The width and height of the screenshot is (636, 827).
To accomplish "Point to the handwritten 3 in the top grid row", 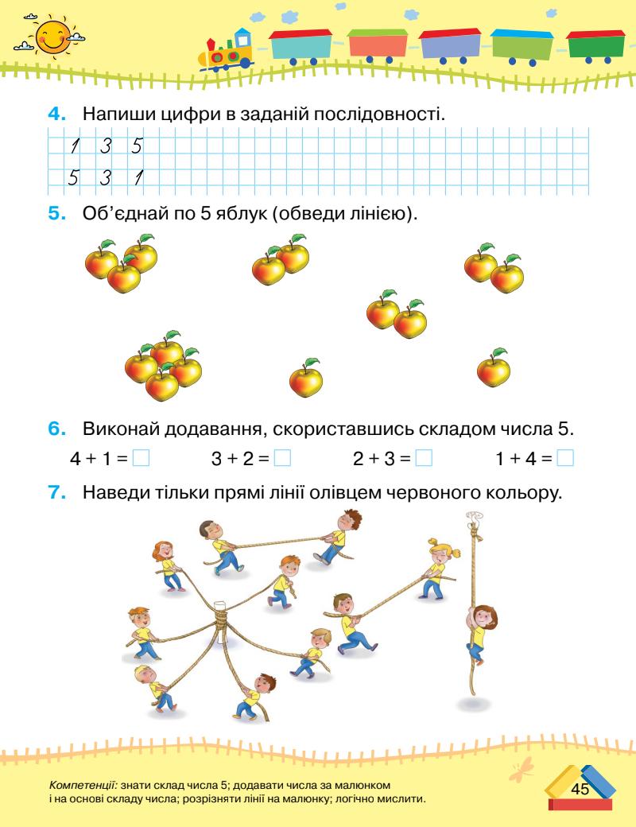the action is pyautogui.click(x=104, y=146).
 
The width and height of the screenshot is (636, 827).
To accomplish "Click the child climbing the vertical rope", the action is pyautogui.click(x=479, y=628).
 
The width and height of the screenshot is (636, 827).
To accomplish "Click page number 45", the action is pyautogui.click(x=579, y=789).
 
